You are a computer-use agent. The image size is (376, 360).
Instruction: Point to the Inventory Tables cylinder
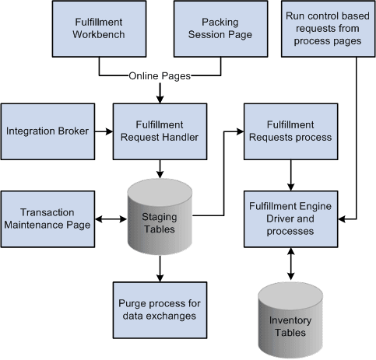290,315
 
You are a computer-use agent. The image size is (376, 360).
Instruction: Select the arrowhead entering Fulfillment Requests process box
240,131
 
